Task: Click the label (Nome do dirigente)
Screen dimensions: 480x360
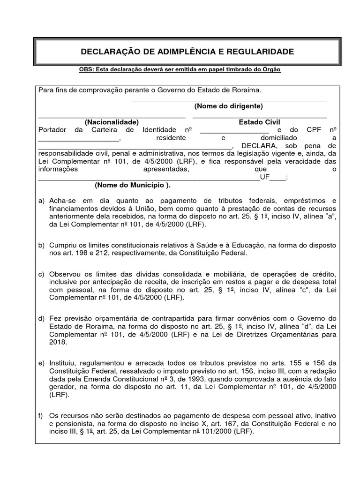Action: coord(228,106)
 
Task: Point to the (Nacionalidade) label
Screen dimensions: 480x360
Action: coord(112,122)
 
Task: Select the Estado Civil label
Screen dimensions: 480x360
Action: coord(259,122)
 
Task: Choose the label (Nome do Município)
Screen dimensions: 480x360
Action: coord(133,185)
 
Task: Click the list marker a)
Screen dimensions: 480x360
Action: coord(41,201)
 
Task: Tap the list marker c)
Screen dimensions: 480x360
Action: coord(41,274)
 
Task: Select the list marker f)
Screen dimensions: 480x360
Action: coord(41,415)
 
